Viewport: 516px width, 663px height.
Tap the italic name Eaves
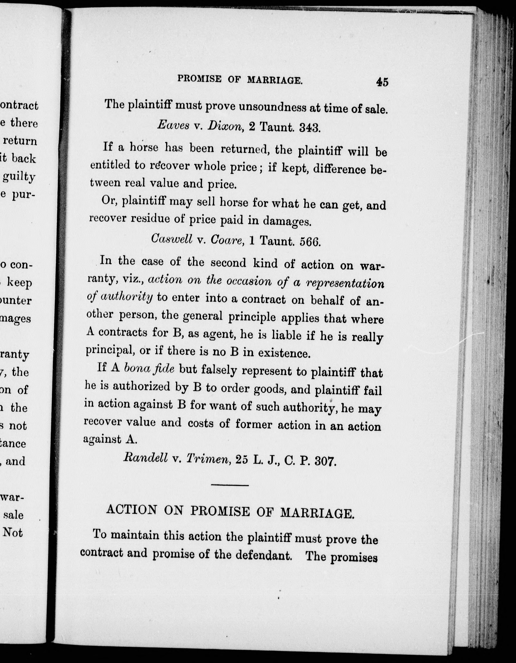[x=173, y=125]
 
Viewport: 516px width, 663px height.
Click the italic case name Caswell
[x=172, y=239]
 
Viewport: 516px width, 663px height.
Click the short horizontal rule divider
[x=230, y=485]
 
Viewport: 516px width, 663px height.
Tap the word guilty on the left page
[x=19, y=177]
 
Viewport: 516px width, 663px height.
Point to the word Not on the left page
[x=13, y=532]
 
